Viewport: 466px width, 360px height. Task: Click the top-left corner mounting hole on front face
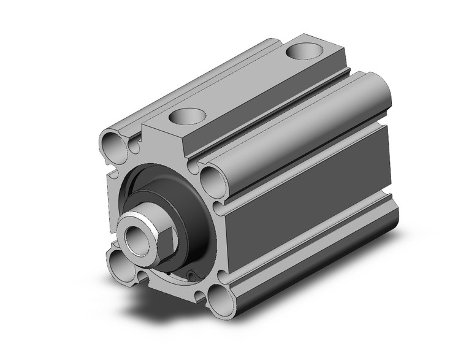coord(112,145)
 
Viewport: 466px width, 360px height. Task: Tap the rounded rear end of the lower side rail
coord(392,218)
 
